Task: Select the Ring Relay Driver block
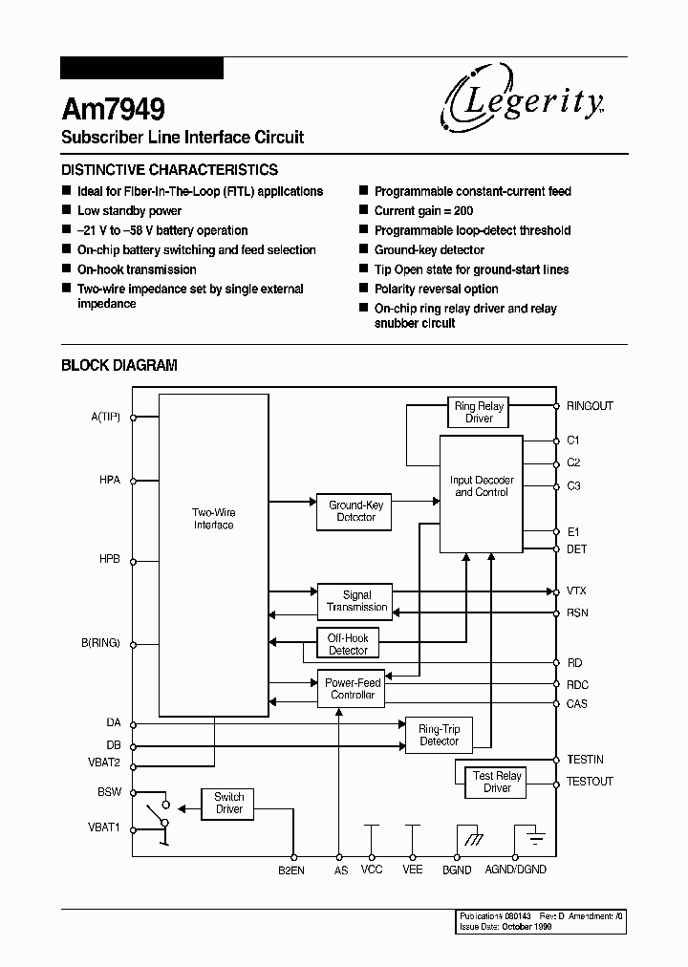[x=479, y=412]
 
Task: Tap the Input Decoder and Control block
[x=481, y=493]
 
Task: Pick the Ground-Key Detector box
[x=355, y=511]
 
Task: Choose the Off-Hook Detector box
[x=348, y=644]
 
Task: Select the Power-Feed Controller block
[x=353, y=689]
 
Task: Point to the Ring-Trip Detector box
[x=440, y=735]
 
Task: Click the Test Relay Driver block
[x=497, y=782]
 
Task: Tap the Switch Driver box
[x=228, y=803]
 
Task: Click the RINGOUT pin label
[x=590, y=406]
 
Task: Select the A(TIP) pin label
[x=104, y=417]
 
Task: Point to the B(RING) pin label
[x=100, y=643]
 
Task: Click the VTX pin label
[x=576, y=592]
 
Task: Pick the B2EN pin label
[x=291, y=870]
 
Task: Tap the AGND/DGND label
[x=515, y=870]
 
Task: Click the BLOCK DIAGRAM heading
[x=118, y=365]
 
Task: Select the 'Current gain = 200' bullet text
[x=423, y=210]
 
